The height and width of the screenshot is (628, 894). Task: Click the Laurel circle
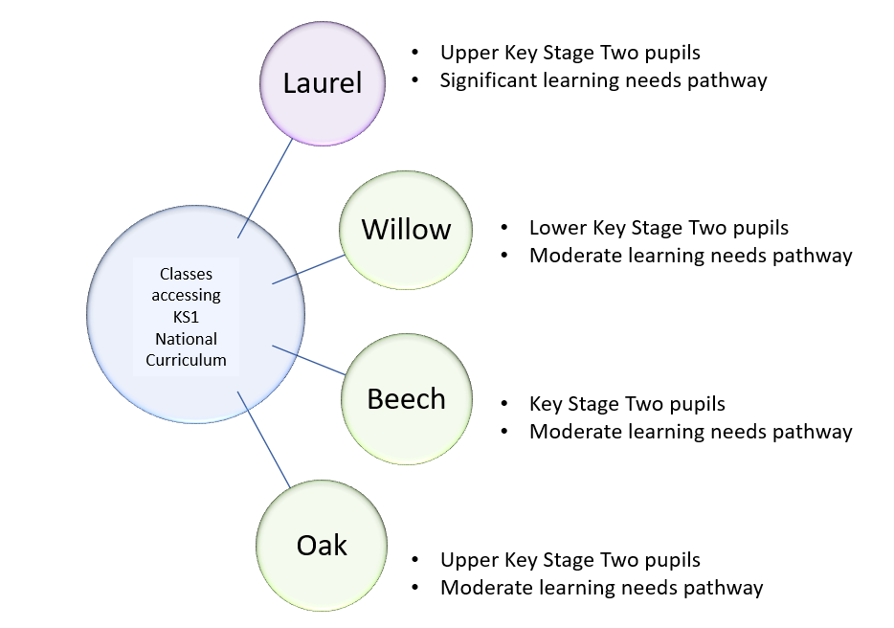(323, 84)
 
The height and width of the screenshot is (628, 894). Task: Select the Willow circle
(406, 230)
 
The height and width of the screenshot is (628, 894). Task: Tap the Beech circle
(406, 398)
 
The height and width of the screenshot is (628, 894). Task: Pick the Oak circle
(322, 545)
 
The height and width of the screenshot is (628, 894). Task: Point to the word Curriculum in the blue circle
(187, 360)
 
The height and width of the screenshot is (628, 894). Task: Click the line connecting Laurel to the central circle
(266, 188)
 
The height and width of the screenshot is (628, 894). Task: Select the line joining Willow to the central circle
(309, 269)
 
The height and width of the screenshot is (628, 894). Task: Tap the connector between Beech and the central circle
(308, 360)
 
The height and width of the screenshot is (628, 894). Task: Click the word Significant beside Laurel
(487, 80)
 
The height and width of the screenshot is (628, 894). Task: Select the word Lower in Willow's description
(556, 228)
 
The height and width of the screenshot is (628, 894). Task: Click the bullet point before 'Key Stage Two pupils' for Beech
(504, 404)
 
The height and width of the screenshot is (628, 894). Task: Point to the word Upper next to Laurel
(465, 54)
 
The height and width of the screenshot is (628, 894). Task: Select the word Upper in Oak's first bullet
(465, 560)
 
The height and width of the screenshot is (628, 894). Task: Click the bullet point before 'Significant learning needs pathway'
(415, 80)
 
